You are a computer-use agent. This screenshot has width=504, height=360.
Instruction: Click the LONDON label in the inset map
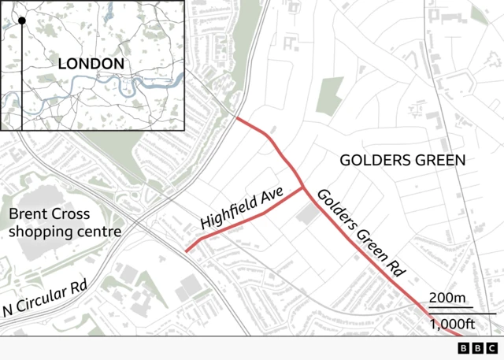[91, 63]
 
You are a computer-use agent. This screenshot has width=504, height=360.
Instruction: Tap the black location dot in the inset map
[22, 20]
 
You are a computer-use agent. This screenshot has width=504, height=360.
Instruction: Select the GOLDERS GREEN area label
[402, 160]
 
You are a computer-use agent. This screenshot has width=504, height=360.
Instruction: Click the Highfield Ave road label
[241, 213]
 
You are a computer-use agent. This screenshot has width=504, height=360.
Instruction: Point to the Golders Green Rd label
[360, 232]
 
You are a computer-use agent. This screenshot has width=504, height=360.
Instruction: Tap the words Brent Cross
[49, 214]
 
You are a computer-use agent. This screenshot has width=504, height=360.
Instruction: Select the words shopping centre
[65, 232]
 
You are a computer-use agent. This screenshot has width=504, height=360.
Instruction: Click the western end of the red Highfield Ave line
[187, 251]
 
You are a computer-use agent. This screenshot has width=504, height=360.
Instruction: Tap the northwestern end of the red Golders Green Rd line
[237, 118]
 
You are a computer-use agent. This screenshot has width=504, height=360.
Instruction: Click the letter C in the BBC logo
[491, 348]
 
